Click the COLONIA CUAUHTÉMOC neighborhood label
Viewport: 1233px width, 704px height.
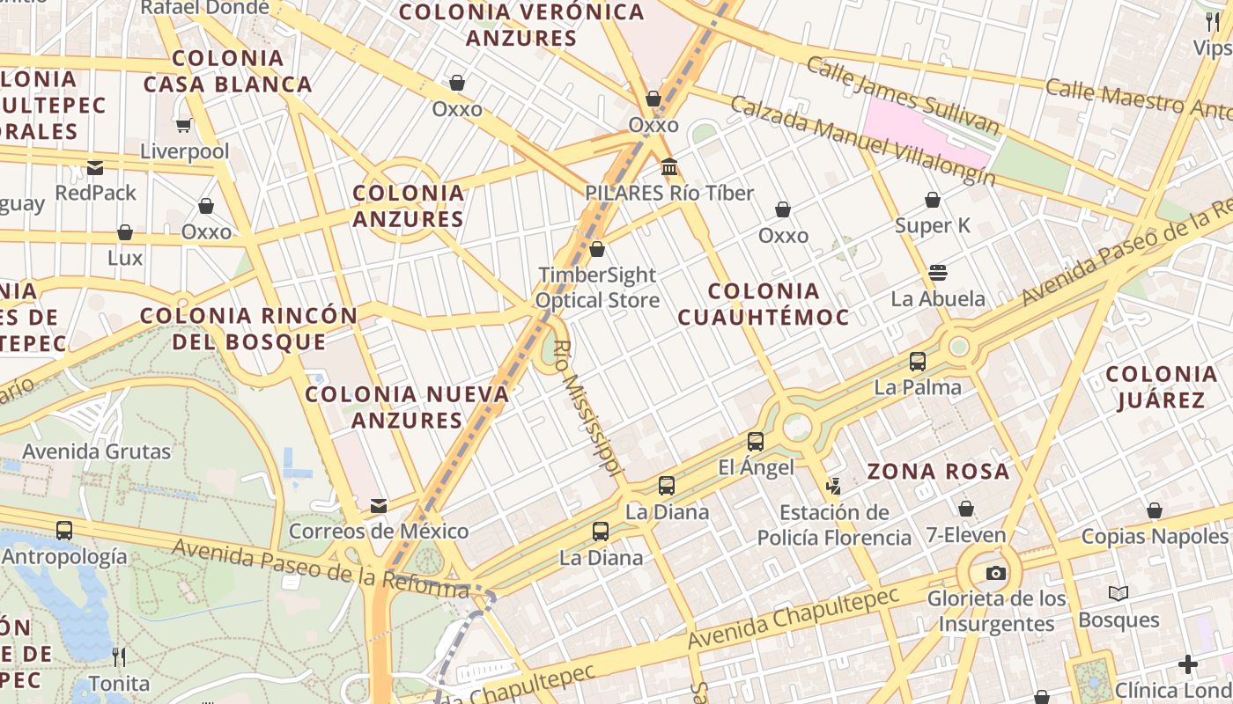[764, 304]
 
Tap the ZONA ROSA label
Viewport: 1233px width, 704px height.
[938, 472]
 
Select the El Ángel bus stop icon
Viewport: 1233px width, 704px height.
[755, 442]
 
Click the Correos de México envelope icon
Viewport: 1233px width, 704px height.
[379, 506]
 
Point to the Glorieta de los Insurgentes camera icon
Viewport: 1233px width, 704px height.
[996, 573]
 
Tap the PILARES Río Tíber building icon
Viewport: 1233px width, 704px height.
[669, 166]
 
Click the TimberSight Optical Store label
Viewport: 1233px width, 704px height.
[598, 288]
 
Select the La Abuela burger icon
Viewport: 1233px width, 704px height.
[938, 273]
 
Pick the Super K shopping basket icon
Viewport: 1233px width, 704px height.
[933, 200]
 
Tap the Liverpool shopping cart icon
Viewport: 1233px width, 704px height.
[184, 126]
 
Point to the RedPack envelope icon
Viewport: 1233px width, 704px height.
[95, 167]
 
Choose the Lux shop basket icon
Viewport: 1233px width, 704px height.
[125, 232]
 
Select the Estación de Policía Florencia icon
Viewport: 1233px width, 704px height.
[833, 486]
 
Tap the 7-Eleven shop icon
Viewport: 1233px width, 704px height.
[966, 509]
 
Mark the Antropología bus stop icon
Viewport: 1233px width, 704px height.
[64, 531]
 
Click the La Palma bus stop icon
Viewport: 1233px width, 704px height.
[918, 361]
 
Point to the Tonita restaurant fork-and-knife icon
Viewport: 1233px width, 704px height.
[119, 657]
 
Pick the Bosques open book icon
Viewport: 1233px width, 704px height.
[1119, 594]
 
